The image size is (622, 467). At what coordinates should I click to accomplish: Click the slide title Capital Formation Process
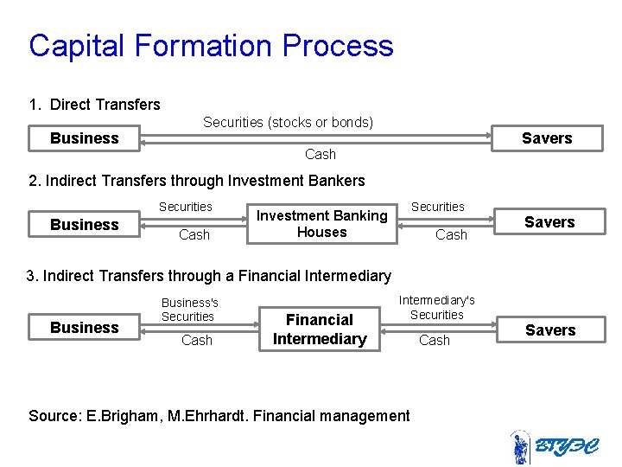211,46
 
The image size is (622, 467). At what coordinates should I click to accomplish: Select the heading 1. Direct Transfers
94,105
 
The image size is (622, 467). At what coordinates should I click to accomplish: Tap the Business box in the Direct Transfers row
85,138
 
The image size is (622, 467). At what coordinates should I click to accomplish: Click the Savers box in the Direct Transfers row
547,138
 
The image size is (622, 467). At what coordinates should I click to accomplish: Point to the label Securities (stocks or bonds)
288,123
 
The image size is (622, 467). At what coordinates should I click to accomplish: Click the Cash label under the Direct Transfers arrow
321,154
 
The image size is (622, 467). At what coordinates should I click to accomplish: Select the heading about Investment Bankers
197,181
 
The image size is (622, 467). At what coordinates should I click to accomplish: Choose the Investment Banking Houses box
322,224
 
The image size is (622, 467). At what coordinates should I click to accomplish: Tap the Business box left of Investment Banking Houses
85,225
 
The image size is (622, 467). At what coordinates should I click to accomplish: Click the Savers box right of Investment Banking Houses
549,222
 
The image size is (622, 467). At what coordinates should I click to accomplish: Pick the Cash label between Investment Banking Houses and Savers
451,234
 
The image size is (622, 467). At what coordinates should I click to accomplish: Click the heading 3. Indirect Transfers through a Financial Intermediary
209,276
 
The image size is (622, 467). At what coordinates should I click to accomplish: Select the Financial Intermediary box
320,329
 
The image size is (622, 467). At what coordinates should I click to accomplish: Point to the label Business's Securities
190,310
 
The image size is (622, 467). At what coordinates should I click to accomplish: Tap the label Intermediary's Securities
436,307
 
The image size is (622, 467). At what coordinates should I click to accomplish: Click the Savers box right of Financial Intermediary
550,329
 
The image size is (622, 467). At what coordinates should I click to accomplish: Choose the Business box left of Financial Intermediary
85,328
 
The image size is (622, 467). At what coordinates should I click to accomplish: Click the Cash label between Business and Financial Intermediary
197,341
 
